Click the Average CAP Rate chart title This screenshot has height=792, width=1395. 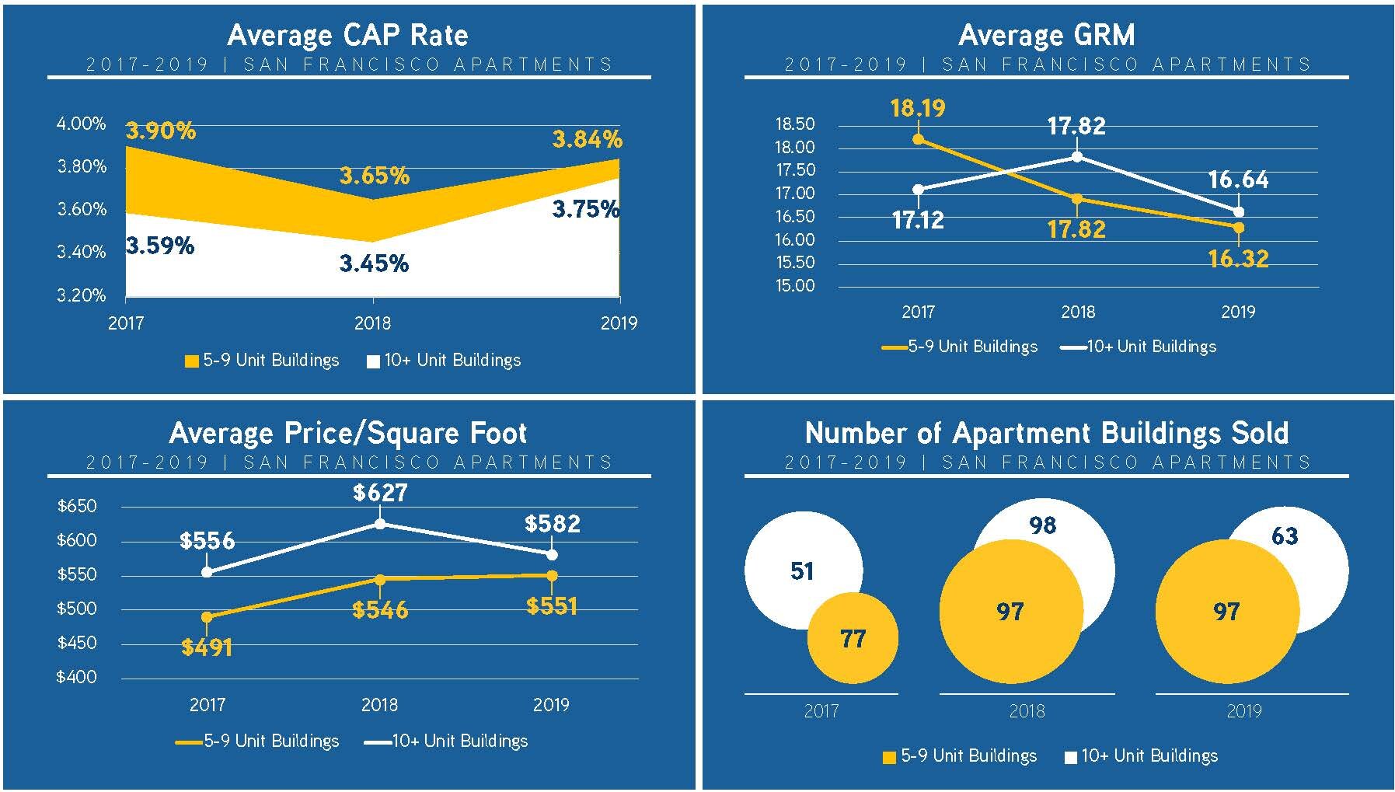click(347, 35)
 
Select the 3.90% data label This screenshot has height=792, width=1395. click(161, 131)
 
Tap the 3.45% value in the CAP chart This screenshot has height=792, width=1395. click(374, 263)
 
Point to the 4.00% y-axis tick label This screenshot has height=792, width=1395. click(81, 124)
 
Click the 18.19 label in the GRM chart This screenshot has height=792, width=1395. click(918, 107)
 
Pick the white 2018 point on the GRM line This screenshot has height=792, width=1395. click(1077, 156)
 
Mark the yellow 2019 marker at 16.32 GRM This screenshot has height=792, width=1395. click(1239, 228)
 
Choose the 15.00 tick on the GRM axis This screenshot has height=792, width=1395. click(795, 285)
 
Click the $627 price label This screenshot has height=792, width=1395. click(380, 493)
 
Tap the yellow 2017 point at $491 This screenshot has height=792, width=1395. click(207, 617)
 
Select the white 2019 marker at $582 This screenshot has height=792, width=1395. click(552, 555)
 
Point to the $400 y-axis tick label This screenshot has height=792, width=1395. click(76, 677)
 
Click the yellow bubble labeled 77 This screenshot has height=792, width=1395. click(853, 639)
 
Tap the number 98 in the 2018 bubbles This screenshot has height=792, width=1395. click(1042, 525)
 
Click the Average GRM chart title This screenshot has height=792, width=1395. click(1046, 35)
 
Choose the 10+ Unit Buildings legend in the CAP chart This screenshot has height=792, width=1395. click(444, 361)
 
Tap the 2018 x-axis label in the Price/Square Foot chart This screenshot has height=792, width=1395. click(379, 705)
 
